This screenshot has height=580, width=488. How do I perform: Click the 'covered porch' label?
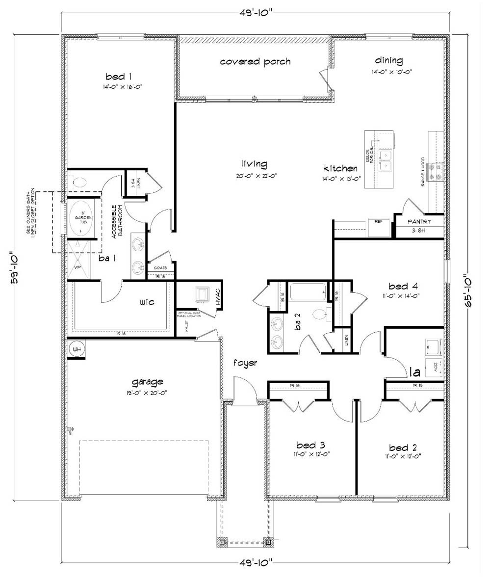pyautogui.click(x=255, y=62)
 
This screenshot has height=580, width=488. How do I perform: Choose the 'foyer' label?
pyautogui.click(x=246, y=363)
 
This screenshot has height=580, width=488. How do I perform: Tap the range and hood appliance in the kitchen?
pyautogui.click(x=436, y=171)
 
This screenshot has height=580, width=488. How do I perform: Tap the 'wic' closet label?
pyautogui.click(x=147, y=302)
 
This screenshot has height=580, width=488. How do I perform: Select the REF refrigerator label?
pyautogui.click(x=378, y=221)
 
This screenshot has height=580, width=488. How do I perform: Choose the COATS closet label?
pyautogui.click(x=160, y=267)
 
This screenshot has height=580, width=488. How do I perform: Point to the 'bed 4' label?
pyautogui.click(x=403, y=286)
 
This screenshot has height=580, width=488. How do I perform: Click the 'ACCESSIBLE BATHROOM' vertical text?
pyautogui.click(x=116, y=221)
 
